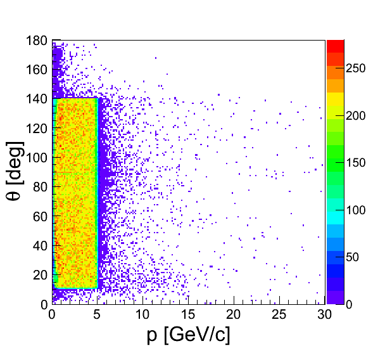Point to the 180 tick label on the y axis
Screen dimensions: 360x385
37,41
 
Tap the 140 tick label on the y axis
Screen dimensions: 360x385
37,99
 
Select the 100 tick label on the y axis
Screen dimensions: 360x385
37,158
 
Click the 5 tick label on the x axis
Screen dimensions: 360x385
98,316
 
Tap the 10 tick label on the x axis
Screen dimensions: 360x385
143,316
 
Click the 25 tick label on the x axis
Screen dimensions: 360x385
279,316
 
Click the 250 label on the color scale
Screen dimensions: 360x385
357,69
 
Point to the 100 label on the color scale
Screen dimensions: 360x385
357,210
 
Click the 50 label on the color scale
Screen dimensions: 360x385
353,257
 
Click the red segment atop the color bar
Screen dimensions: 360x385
335,46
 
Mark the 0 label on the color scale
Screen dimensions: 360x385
350,304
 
